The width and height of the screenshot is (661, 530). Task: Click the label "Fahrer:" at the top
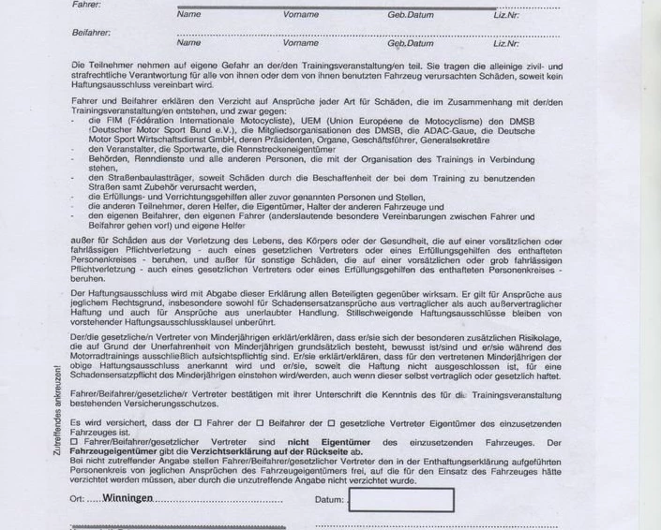[x=85, y=5]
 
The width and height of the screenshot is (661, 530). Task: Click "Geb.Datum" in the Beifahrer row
[x=411, y=43]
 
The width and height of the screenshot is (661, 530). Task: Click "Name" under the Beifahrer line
[x=188, y=43]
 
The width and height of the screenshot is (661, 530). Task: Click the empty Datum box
[x=400, y=499]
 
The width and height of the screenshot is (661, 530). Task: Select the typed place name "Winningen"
[x=128, y=498]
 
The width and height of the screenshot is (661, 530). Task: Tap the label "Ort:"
[x=78, y=499]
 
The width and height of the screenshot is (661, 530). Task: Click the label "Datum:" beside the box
[x=329, y=500]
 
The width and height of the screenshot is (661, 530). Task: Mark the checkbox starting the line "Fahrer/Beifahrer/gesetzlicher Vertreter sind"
[x=75, y=442]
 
